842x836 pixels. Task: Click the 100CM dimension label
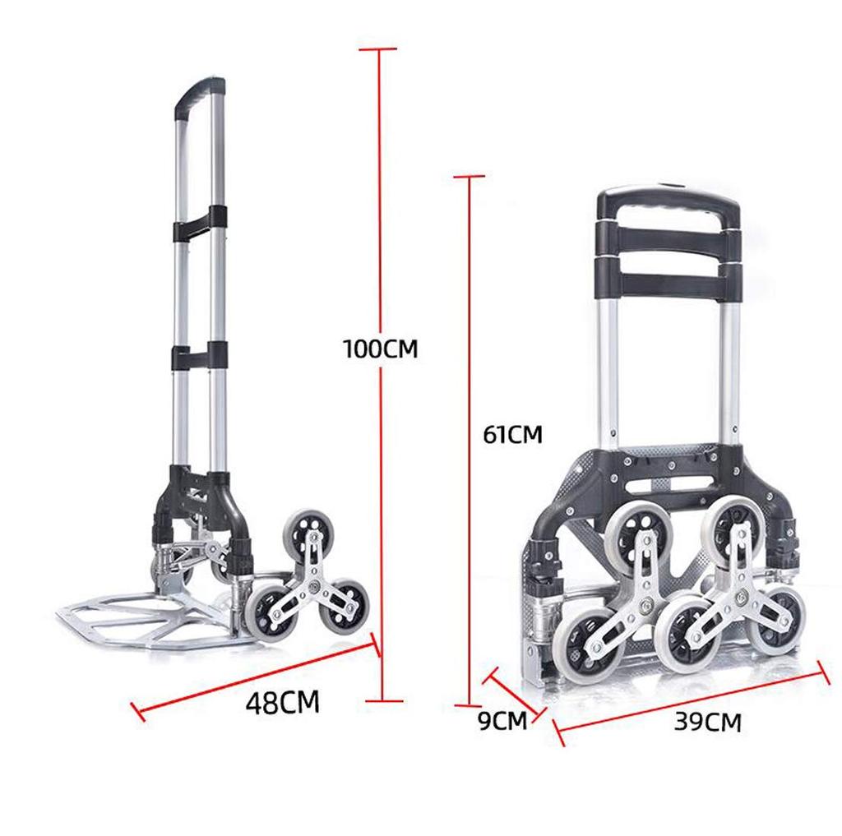(x=380, y=349)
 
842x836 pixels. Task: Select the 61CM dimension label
(x=513, y=434)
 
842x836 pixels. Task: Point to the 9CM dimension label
(x=502, y=721)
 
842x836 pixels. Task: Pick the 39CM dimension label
(x=707, y=723)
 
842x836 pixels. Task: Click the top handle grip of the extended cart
(x=199, y=97)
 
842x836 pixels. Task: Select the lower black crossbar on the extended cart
(x=200, y=355)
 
